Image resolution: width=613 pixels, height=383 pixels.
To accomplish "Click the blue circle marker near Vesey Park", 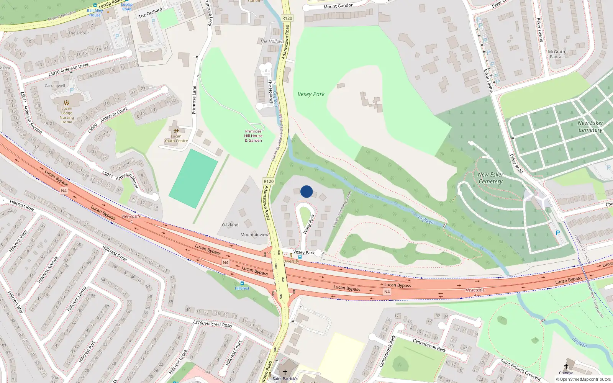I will pos(306,191).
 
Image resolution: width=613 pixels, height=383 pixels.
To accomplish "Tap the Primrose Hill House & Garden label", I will pos(253,136).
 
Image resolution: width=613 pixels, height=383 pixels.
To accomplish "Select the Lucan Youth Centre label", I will pos(176,138).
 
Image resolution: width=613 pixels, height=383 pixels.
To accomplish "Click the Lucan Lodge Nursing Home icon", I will pos(67,103).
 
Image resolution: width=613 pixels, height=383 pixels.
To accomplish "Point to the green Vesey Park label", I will pos(311,94).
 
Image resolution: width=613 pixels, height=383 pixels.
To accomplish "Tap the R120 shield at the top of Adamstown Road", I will pos(287,18).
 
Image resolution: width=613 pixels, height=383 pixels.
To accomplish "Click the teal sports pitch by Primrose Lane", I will pos(193,178).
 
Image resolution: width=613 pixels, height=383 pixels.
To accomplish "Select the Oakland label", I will pos(230,225).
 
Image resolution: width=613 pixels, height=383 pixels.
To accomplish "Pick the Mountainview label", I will pos(254,235).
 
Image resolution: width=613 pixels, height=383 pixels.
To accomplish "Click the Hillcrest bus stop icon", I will pos(242,283).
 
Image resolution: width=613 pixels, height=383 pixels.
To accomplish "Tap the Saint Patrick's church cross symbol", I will pos(285,372).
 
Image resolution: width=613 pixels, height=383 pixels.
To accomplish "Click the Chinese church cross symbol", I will pos(566,367).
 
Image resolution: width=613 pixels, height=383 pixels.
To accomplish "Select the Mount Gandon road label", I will pos(338,6).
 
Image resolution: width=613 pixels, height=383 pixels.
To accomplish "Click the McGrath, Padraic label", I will pos(557,54).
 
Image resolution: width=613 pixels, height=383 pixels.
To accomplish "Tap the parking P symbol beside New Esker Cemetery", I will pos(558,233).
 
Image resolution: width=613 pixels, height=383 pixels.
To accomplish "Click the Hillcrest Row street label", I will pos(22,206).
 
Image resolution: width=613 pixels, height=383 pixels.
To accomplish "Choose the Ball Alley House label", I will pos(95,13).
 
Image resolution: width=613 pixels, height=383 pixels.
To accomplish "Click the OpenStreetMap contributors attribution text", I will pos(583,380).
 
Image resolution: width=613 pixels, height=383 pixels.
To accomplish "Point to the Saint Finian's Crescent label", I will pos(521,370).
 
